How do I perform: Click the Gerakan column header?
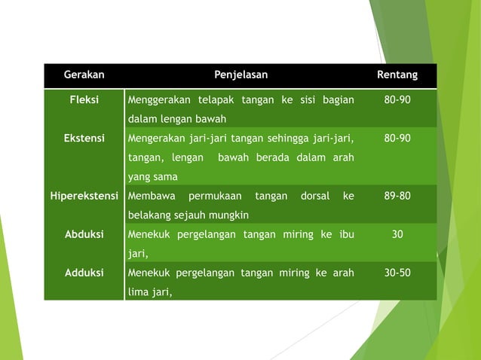(x=84, y=75)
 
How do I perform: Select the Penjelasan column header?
(x=240, y=75)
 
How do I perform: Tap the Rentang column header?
(x=397, y=75)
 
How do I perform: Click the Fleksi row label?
(x=84, y=100)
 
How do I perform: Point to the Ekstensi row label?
(x=84, y=139)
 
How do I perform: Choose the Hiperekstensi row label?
(x=84, y=196)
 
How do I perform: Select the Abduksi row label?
(x=84, y=234)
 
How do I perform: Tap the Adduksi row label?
(x=84, y=273)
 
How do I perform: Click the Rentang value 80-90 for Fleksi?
(x=397, y=100)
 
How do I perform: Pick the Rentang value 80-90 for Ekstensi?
(x=397, y=139)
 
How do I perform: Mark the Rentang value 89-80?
(x=397, y=196)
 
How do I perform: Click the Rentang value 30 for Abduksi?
(x=397, y=234)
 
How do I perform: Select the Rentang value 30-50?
(x=397, y=273)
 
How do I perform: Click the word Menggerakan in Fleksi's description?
(x=158, y=100)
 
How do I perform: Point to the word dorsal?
(x=314, y=196)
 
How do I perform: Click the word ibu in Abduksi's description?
(x=346, y=234)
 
